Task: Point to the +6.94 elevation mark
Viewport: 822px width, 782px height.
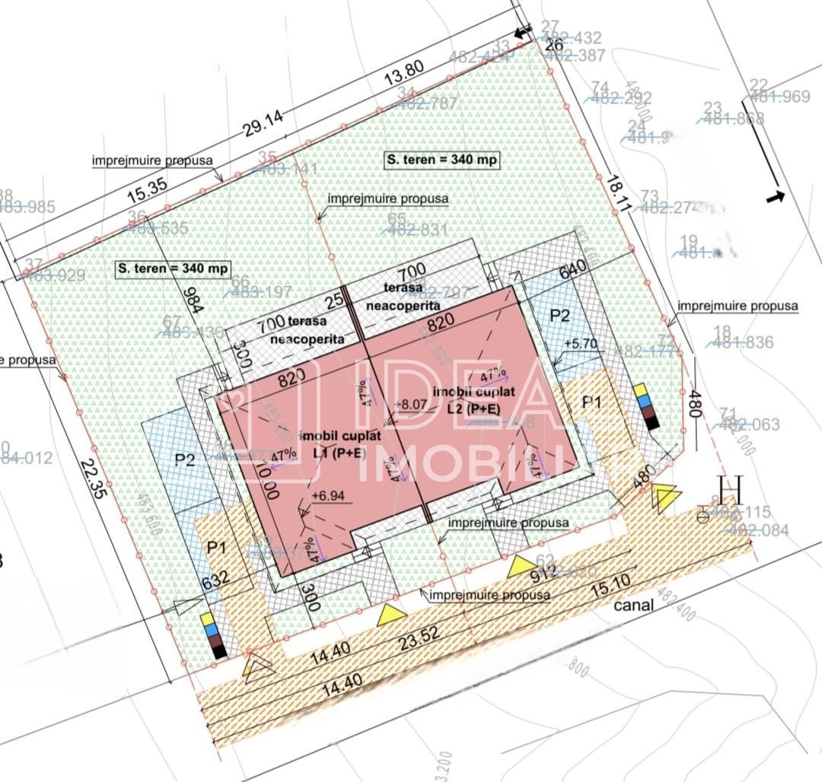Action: (328, 496)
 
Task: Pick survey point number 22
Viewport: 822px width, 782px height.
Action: (758, 84)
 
